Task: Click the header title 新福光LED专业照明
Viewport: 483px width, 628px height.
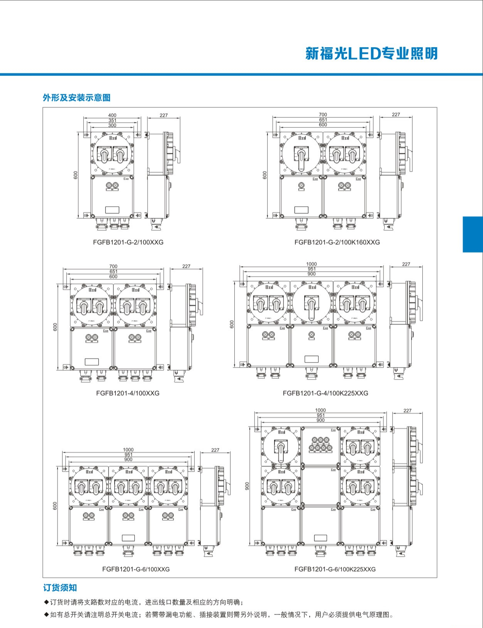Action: pyautogui.click(x=371, y=53)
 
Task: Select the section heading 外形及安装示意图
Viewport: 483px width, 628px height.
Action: pyautogui.click(x=76, y=98)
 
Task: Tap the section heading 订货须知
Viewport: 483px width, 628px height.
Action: pyautogui.click(x=60, y=588)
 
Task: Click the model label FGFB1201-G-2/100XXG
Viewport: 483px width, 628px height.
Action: pyautogui.click(x=128, y=242)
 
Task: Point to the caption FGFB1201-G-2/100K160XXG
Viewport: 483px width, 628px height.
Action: pyautogui.click(x=337, y=242)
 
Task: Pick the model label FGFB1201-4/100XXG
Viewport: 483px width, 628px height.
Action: pyautogui.click(x=128, y=393)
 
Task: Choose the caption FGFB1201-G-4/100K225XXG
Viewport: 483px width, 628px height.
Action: pyautogui.click(x=325, y=393)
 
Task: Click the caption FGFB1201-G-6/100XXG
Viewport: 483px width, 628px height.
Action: pyautogui.click(x=136, y=569)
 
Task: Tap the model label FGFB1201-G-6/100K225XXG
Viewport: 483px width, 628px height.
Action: pyautogui.click(x=335, y=569)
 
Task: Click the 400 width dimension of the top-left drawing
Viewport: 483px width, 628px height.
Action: pyautogui.click(x=112, y=115)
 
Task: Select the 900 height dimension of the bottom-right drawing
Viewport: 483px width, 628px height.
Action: pyautogui.click(x=247, y=486)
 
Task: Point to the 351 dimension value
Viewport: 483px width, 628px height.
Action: pyautogui.click(x=112, y=120)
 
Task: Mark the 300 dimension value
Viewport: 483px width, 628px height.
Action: pyautogui.click(x=112, y=125)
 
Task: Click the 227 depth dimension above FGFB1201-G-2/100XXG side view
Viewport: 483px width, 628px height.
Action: pyautogui.click(x=164, y=115)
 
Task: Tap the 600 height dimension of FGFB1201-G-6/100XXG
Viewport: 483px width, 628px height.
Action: pyautogui.click(x=55, y=506)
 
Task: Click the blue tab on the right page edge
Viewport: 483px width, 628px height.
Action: pyautogui.click(x=473, y=234)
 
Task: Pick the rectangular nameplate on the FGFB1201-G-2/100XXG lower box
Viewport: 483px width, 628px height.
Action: pyautogui.click(x=112, y=209)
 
